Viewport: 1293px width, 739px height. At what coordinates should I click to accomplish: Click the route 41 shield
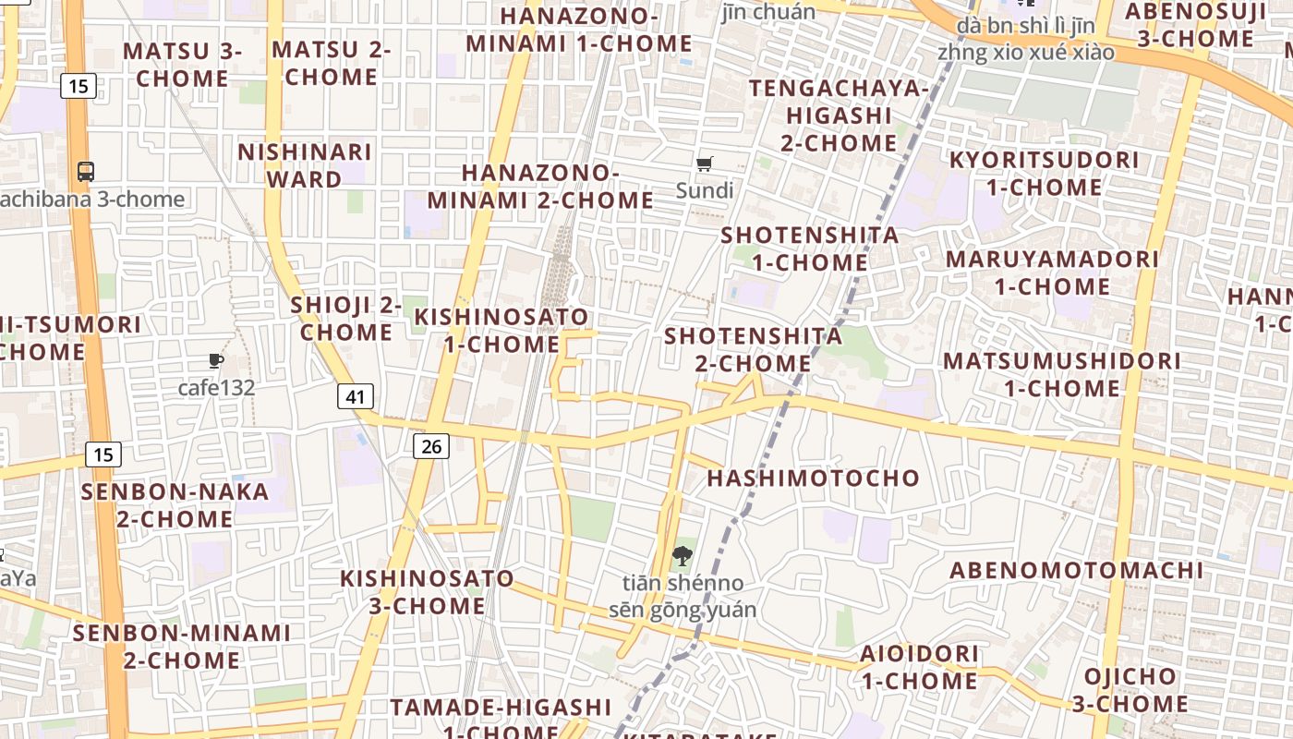pyautogui.click(x=356, y=397)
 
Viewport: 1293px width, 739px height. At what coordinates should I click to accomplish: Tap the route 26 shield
pyautogui.click(x=430, y=447)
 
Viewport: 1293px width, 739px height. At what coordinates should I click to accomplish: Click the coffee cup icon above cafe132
pyautogui.click(x=216, y=360)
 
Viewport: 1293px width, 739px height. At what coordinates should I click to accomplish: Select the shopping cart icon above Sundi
pyautogui.click(x=705, y=164)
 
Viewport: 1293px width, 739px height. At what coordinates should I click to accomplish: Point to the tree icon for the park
pyautogui.click(x=683, y=556)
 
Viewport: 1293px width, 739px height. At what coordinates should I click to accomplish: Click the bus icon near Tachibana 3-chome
pyautogui.click(x=86, y=171)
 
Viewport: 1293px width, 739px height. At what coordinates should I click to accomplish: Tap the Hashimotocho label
pyautogui.click(x=814, y=478)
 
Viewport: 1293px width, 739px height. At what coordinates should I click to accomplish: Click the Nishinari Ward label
pyautogui.click(x=305, y=165)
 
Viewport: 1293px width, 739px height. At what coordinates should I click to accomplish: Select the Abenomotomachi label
pyautogui.click(x=1077, y=570)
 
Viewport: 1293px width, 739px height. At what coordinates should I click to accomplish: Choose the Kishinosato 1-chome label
pyautogui.click(x=501, y=331)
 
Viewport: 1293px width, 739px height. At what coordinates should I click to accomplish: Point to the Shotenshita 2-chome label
pyautogui.click(x=753, y=349)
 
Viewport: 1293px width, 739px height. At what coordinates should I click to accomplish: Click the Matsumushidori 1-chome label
pyautogui.click(x=1061, y=374)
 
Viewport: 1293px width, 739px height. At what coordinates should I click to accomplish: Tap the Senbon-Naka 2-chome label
pyautogui.click(x=175, y=505)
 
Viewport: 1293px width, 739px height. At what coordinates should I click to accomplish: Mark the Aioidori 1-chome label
pyautogui.click(x=919, y=667)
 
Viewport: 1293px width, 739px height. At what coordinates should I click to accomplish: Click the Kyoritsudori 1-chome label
pyautogui.click(x=1044, y=174)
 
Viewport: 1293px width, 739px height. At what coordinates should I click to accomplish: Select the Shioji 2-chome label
pyautogui.click(x=346, y=318)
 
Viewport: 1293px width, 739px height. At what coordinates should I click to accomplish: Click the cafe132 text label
pyautogui.click(x=216, y=387)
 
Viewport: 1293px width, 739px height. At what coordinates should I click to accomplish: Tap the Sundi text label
pyautogui.click(x=705, y=190)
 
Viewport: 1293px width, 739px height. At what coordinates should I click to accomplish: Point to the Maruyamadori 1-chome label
pyautogui.click(x=1052, y=273)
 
